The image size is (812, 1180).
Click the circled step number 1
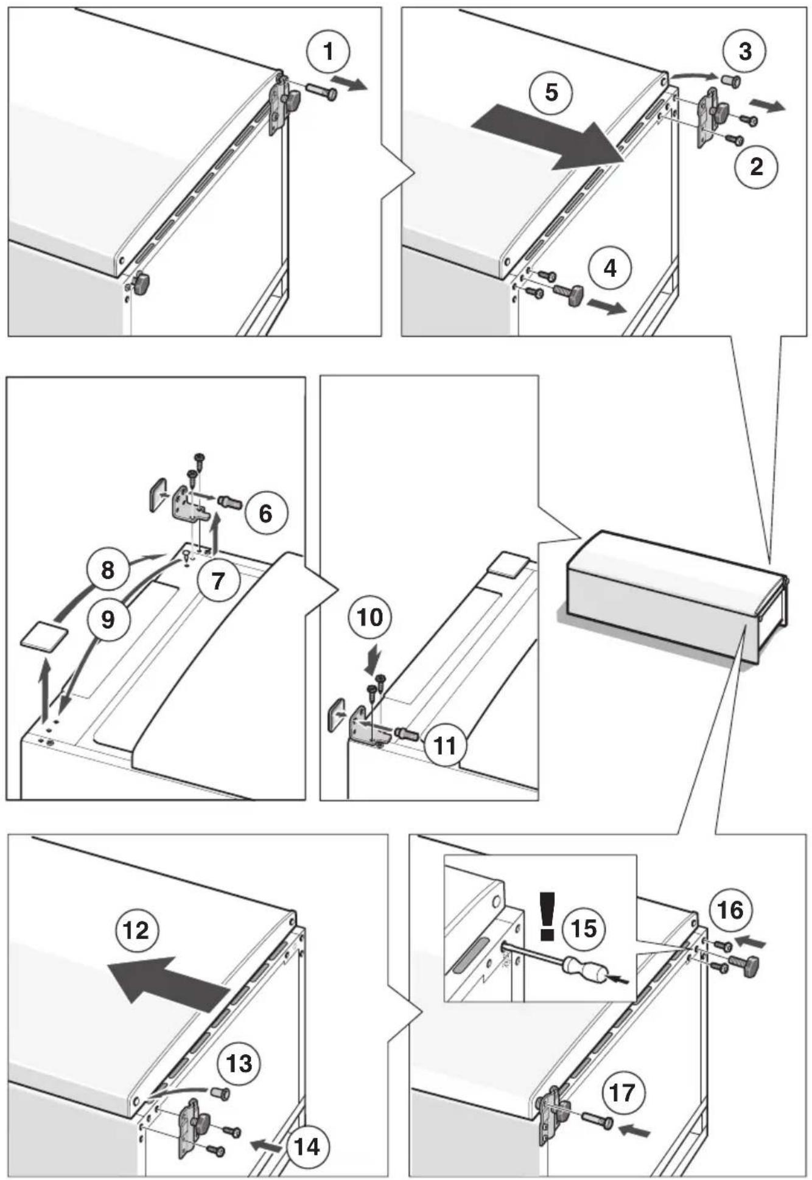pos(329,52)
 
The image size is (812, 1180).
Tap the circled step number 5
pos(551,93)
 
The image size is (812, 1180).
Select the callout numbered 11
pos(445,745)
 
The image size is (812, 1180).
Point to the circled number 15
pos(584,929)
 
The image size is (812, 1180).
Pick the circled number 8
pos(108,570)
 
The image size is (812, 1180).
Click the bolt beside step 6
pos(229,501)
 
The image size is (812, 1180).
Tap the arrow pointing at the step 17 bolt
pos(634,1131)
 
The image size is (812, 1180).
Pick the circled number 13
pos(239,1064)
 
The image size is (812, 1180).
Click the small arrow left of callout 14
pos(265,1146)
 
